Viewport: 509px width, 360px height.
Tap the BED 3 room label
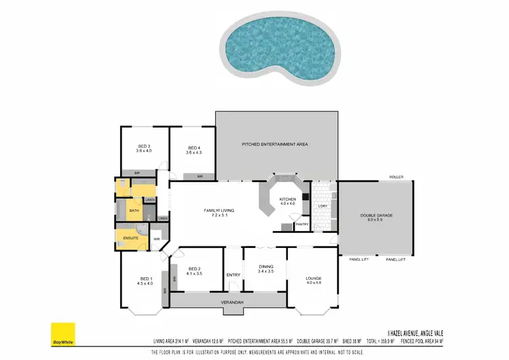click(143, 147)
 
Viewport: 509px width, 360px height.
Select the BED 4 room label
click(193, 148)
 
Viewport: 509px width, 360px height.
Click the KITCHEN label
click(288, 198)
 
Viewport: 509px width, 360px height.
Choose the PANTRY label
click(301, 224)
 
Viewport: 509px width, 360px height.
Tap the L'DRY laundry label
click(323, 206)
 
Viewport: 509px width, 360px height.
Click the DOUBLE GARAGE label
click(376, 215)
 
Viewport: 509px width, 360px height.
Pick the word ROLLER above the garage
click(396, 177)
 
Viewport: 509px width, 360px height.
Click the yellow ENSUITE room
click(130, 238)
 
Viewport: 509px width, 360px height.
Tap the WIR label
click(156, 239)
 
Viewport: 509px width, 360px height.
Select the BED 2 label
click(194, 269)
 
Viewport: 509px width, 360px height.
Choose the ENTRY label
click(233, 274)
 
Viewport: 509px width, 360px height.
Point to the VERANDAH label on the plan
click(231, 302)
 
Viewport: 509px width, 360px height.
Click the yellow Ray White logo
click(63, 336)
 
